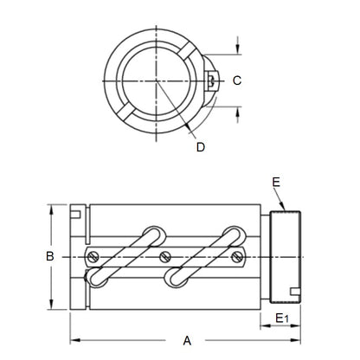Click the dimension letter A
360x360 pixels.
[186, 339]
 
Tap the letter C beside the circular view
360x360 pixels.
[236, 80]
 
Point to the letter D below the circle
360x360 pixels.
[201, 147]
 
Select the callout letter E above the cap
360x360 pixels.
[276, 183]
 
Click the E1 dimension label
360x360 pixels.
[281, 319]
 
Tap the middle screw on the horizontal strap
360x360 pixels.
[164, 255]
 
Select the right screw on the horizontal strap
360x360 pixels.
[236, 255]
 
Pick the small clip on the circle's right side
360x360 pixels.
[212, 80]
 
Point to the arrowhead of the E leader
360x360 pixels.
[291, 208]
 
